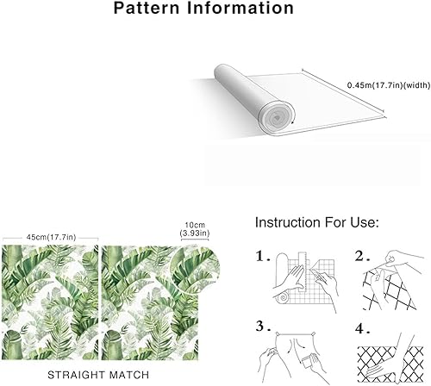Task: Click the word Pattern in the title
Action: (x=148, y=10)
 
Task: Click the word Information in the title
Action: (x=243, y=10)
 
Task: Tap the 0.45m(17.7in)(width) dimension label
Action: (x=384, y=85)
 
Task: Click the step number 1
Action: (x=264, y=257)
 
